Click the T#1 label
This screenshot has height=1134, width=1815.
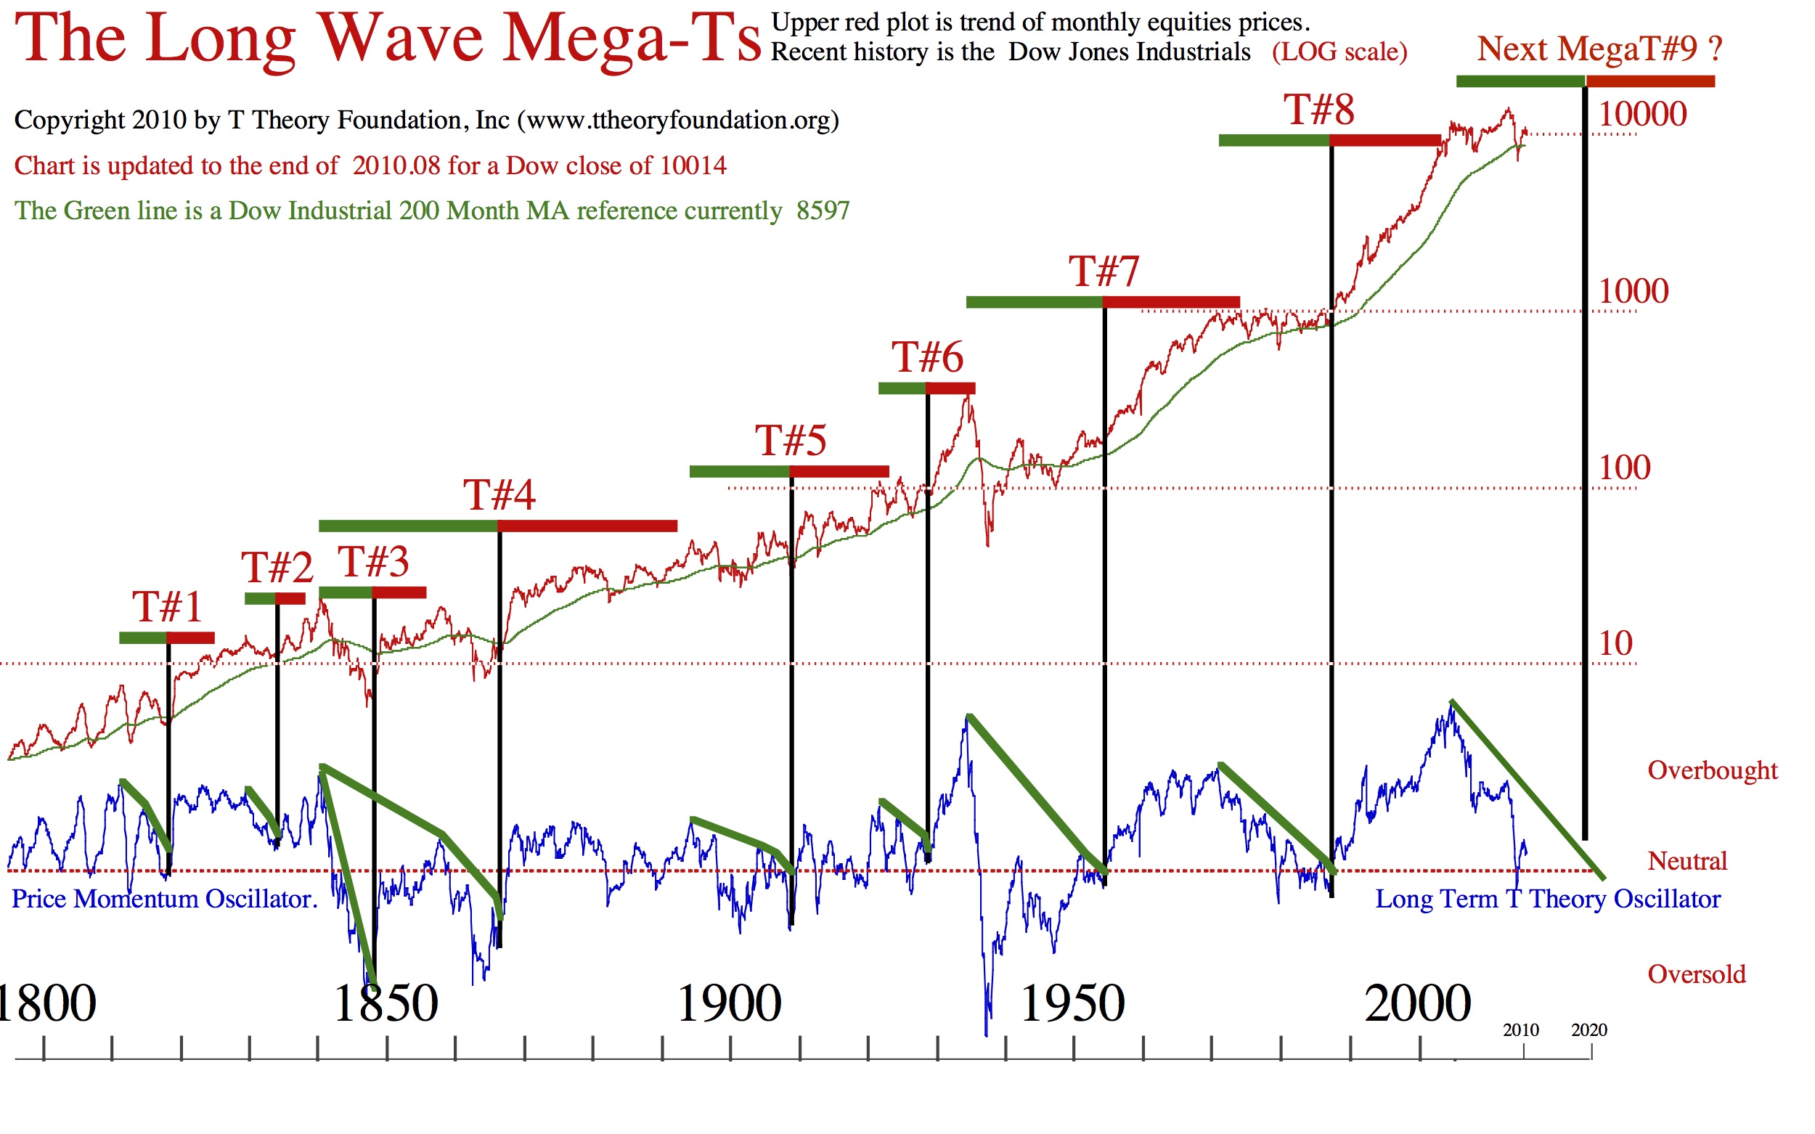167,607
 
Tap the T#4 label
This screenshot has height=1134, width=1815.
499,495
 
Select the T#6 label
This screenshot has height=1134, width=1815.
927,357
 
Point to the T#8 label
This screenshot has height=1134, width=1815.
1319,110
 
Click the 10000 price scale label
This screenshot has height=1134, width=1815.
1642,114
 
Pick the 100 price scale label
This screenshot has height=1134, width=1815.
1625,468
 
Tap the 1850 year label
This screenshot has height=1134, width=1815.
385,1003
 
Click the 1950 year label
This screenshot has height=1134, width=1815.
1072,1003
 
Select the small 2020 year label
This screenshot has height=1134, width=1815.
1589,1030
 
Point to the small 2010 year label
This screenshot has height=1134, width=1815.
1521,1030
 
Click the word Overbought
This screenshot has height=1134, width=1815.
1712,770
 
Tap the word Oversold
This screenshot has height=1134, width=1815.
1697,974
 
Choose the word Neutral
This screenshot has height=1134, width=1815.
1686,861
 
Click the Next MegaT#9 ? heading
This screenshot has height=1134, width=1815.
1599,49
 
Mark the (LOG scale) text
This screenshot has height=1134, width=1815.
1339,52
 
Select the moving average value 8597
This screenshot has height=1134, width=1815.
823,211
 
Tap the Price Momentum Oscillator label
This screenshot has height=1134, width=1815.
164,899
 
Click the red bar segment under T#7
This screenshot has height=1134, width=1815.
1171,302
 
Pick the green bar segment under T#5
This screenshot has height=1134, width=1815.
740,472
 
